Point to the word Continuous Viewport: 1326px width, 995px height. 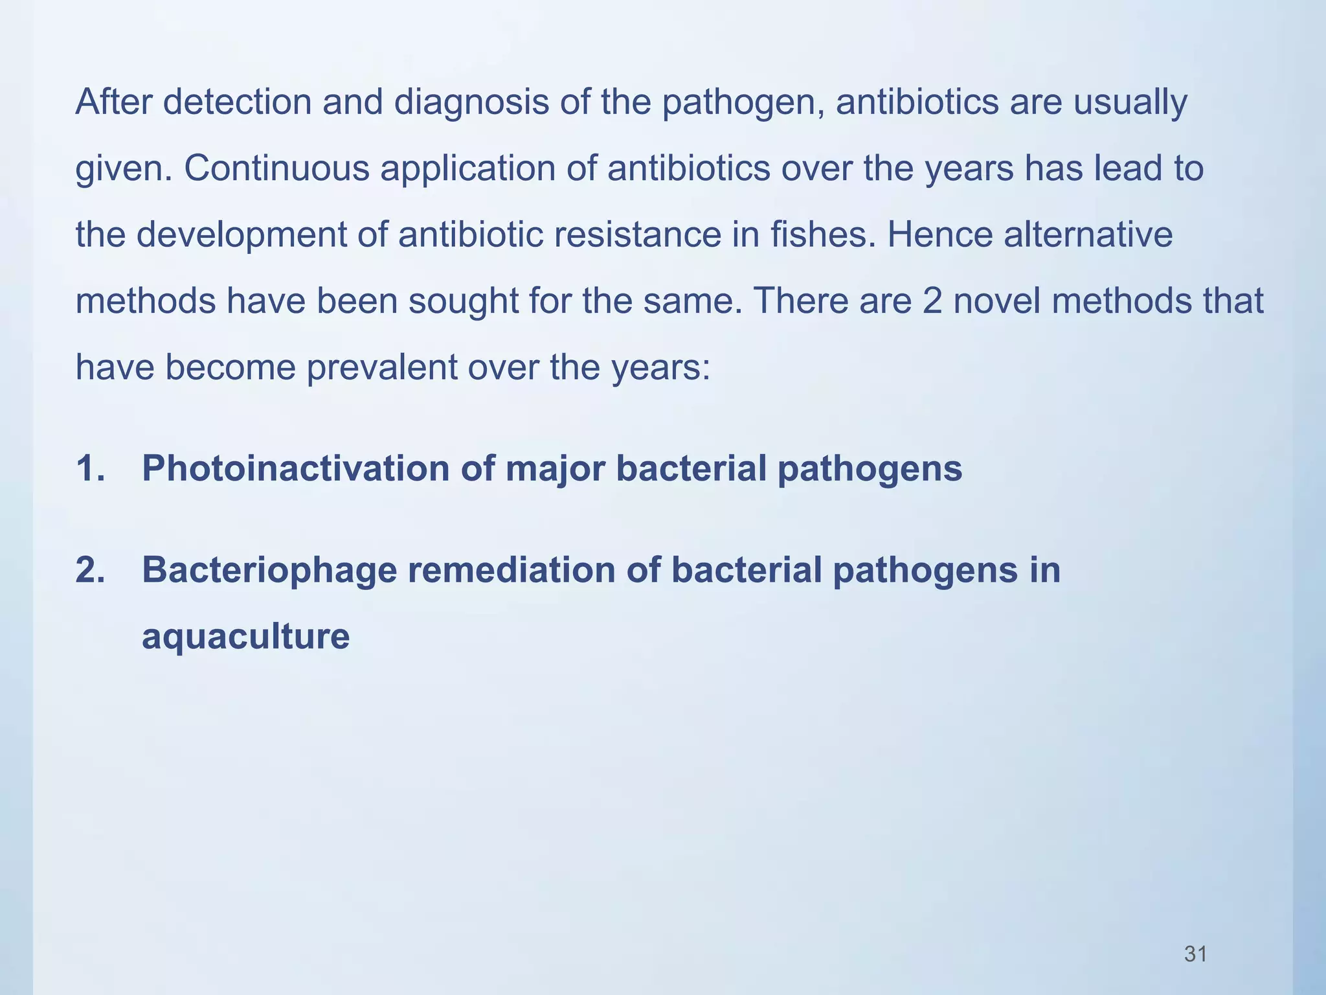point(276,168)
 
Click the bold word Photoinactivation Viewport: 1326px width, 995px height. point(296,468)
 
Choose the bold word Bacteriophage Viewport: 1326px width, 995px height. point(269,571)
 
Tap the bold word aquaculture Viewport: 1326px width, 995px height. point(245,637)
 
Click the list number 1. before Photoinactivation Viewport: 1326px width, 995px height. point(90,468)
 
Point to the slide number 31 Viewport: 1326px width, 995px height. point(1195,954)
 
